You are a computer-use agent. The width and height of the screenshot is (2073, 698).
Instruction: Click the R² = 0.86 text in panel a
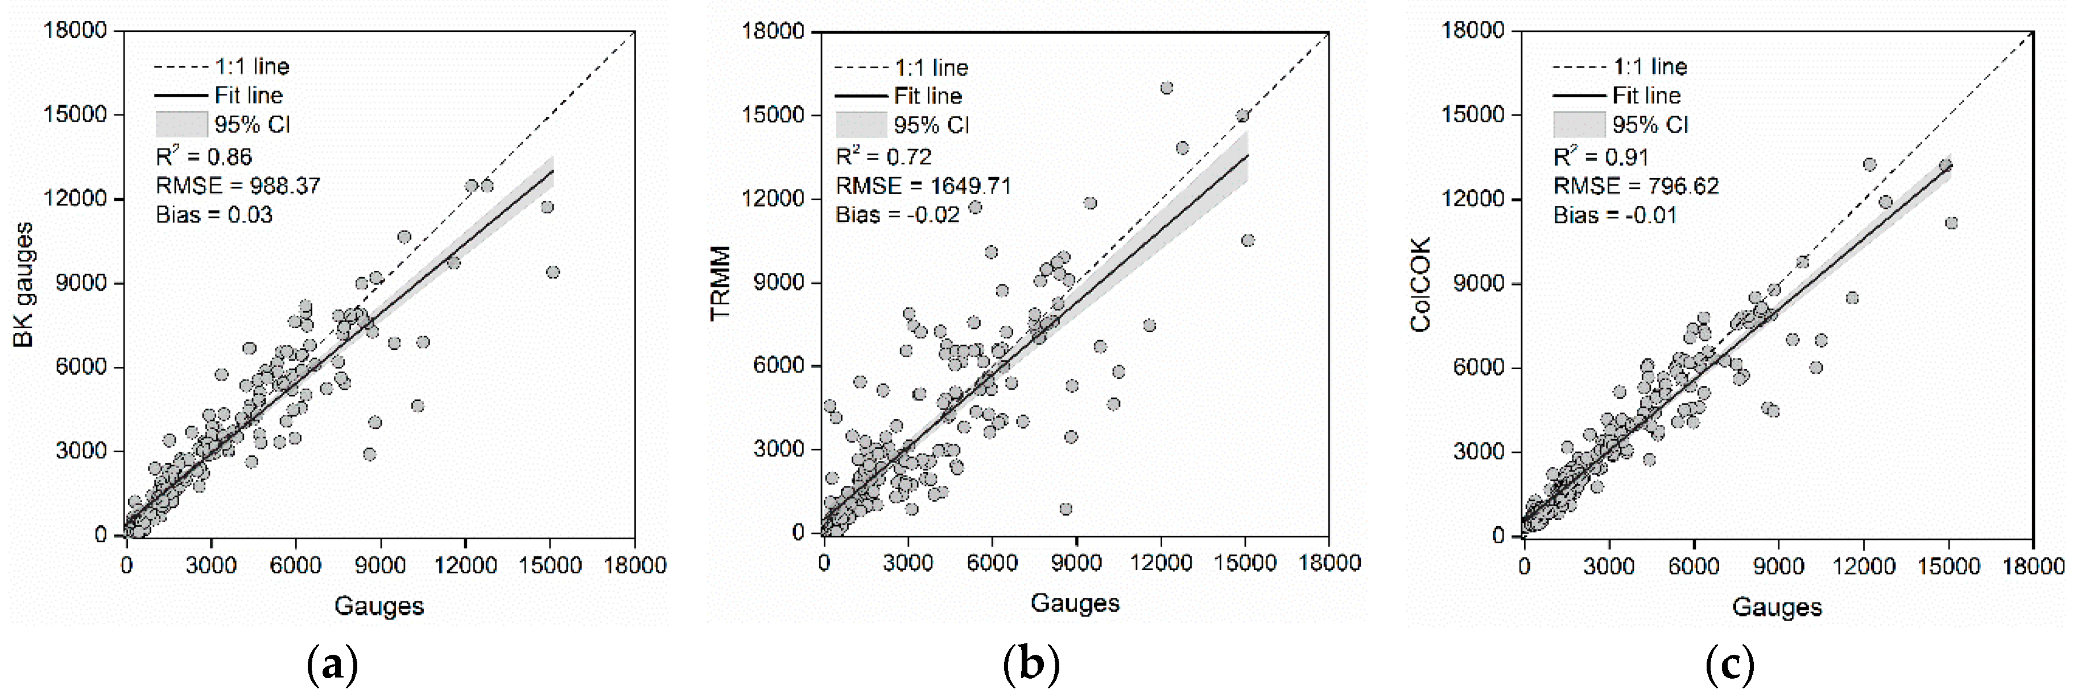click(x=204, y=156)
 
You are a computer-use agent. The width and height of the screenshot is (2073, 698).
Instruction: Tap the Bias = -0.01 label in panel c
click(x=1614, y=215)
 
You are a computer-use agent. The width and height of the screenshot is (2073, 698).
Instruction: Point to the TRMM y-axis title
click(x=720, y=283)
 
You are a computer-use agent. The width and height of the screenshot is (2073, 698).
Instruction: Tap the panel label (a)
click(x=332, y=665)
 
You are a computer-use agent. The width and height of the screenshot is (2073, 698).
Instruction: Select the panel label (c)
click(x=1729, y=665)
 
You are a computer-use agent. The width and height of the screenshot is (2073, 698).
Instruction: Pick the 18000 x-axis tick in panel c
click(x=2033, y=566)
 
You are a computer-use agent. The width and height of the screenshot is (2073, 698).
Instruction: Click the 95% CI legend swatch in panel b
click(x=860, y=125)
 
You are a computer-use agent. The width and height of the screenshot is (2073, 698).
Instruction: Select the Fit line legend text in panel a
click(x=249, y=95)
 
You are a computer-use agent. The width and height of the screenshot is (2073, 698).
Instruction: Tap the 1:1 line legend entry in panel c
click(x=1650, y=66)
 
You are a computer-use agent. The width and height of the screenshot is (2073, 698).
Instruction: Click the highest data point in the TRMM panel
click(x=1166, y=88)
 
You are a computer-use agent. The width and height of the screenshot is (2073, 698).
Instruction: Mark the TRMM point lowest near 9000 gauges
click(x=1066, y=509)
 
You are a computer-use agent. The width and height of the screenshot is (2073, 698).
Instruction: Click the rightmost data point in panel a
click(x=552, y=272)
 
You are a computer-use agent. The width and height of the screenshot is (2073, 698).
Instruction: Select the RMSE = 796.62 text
click(x=1635, y=186)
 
